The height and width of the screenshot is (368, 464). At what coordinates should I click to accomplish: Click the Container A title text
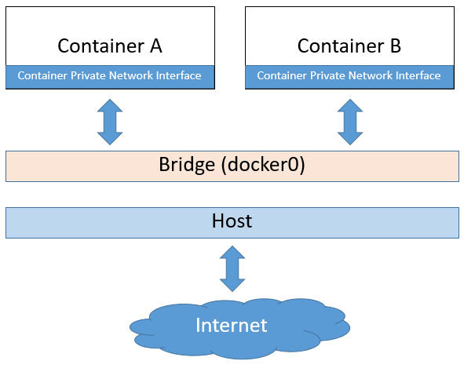tap(110, 46)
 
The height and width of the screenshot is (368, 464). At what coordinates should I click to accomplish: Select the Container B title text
tap(349, 46)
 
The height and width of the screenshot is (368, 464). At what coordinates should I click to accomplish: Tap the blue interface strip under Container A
tap(110, 76)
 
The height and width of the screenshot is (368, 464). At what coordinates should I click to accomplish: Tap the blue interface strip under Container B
tap(349, 76)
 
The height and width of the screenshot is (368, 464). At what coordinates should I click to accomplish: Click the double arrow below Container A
tap(110, 122)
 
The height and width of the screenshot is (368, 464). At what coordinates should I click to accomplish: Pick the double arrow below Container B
tap(349, 122)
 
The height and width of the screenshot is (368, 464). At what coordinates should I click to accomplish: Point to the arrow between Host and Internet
tap(232, 269)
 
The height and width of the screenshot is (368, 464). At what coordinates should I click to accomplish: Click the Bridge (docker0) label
tap(232, 165)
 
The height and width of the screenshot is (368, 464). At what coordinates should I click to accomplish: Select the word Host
tap(232, 221)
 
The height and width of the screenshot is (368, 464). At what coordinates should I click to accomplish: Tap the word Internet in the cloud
tap(232, 324)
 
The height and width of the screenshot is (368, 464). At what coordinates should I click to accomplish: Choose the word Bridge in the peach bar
tap(185, 165)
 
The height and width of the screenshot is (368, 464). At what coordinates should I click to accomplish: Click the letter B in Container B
tap(394, 46)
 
